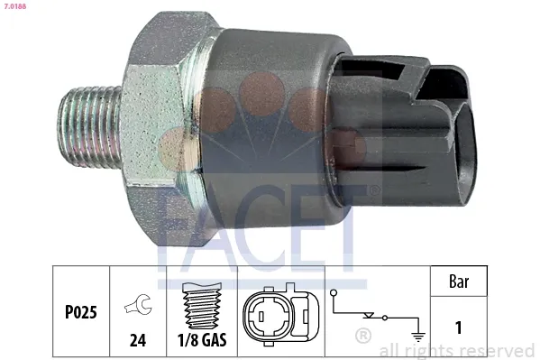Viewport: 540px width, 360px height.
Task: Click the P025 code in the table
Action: point(80,311)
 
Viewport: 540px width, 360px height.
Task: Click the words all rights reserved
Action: point(457,350)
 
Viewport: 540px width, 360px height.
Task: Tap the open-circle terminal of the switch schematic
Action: point(334,293)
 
